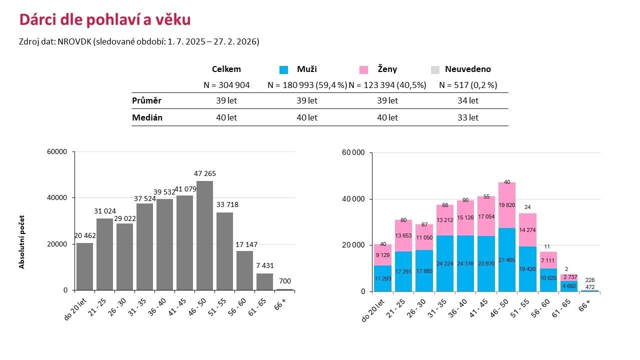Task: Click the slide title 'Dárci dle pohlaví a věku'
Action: pyautogui.click(x=104, y=20)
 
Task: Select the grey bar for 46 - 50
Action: pyautogui.click(x=204, y=235)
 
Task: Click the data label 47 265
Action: pyautogui.click(x=204, y=173)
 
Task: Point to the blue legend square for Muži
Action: pyautogui.click(x=283, y=69)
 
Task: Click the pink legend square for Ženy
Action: pyautogui.click(x=363, y=69)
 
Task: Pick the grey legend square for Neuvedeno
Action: pyautogui.click(x=435, y=69)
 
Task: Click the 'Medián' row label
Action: pyautogui.click(x=147, y=117)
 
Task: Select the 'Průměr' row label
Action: pyautogui.click(x=146, y=100)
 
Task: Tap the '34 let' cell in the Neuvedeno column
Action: pyautogui.click(x=467, y=100)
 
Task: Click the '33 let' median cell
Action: pyautogui.click(x=467, y=117)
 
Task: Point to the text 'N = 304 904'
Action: pyautogui.click(x=226, y=85)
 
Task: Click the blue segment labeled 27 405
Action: pyautogui.click(x=507, y=259)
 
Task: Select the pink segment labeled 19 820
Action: pyautogui.click(x=507, y=205)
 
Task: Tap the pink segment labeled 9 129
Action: pyautogui.click(x=383, y=255)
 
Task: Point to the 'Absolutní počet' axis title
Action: pyautogui.click(x=22, y=242)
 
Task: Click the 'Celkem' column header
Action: pyautogui.click(x=226, y=69)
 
